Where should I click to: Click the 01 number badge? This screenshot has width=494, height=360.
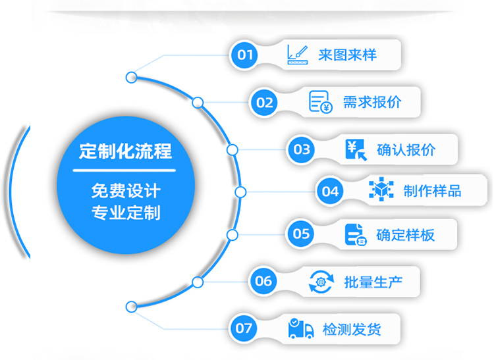pyautogui.click(x=245, y=55)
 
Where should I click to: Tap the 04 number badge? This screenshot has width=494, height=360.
pyautogui.click(x=330, y=192)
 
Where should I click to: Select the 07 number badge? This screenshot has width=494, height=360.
pyautogui.click(x=244, y=328)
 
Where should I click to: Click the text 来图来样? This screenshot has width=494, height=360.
pyautogui.click(x=347, y=55)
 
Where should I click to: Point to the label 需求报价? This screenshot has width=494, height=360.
pyautogui.click(x=371, y=102)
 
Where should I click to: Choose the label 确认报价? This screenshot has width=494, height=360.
pyautogui.click(x=406, y=149)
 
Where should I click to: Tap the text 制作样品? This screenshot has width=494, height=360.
pyautogui.click(x=432, y=192)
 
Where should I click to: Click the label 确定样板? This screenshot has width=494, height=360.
pyautogui.click(x=405, y=234)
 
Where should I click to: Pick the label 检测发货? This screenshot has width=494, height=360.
pyautogui.click(x=352, y=329)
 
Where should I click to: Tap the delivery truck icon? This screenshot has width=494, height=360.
pyautogui.click(x=300, y=328)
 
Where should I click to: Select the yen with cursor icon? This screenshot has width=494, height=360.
pyautogui.click(x=356, y=149)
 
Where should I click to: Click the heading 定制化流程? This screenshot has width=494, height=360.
pyautogui.click(x=125, y=151)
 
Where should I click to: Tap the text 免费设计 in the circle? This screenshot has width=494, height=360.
pyautogui.click(x=125, y=192)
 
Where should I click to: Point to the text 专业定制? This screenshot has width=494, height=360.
pyautogui.click(x=125, y=214)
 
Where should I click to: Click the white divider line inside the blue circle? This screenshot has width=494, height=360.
pyautogui.click(x=125, y=171)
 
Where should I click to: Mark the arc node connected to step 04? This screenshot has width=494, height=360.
pyautogui.click(x=240, y=192)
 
